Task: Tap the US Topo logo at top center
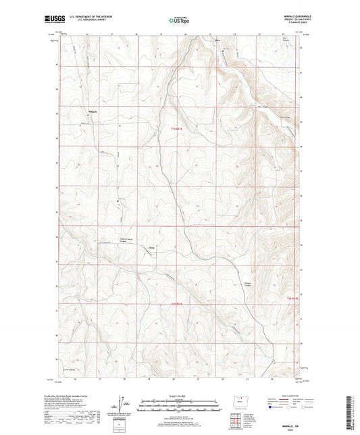(x=177, y=21)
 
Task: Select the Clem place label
(x=151, y=247)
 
